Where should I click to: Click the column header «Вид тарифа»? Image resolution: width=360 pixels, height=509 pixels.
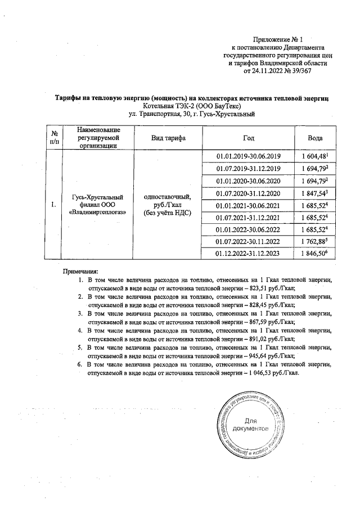tap(166, 138)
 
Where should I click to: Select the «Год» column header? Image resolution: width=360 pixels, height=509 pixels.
tap(248, 138)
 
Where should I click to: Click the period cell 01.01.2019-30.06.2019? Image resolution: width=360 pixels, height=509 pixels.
tap(248, 156)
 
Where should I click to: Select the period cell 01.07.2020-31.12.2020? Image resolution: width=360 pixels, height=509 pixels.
tap(248, 193)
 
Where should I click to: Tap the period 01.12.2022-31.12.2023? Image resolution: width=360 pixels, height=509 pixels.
tap(248, 254)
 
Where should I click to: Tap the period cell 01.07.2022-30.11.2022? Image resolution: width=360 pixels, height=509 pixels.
tap(248, 242)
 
